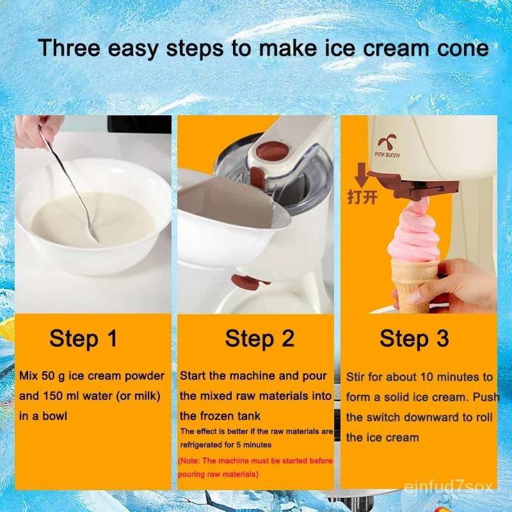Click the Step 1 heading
click(x=83, y=339)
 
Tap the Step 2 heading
click(x=259, y=339)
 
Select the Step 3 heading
click(x=414, y=338)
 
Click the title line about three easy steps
click(x=263, y=48)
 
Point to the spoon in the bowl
click(x=70, y=186)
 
